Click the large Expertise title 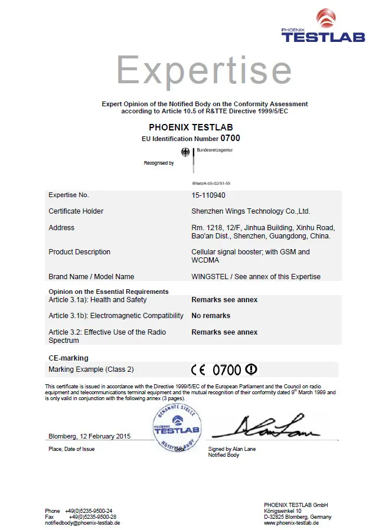click(204, 70)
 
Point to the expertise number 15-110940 click(208, 195)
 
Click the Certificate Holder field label click(76, 211)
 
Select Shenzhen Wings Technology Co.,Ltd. click(250, 211)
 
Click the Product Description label click(79, 252)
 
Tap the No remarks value click(211, 316)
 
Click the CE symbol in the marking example click(198, 370)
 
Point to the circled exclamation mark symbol click(252, 369)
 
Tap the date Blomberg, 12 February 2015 click(89, 436)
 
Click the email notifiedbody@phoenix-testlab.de click(83, 523)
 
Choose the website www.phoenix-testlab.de click(292, 523)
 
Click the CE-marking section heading click(68, 358)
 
